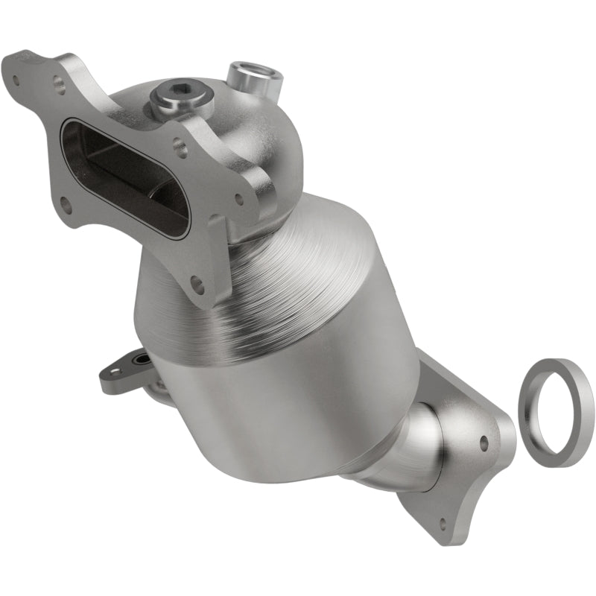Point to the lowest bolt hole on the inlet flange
197,283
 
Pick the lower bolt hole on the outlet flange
445,521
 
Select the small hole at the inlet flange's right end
239,199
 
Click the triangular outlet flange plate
462,462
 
